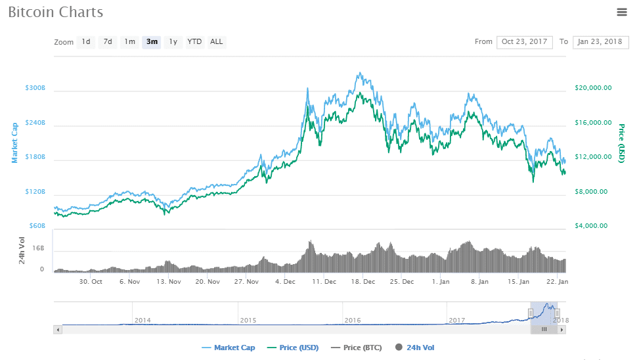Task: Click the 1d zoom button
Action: (86, 42)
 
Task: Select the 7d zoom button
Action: (108, 42)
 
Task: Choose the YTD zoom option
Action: (194, 42)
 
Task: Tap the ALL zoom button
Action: (216, 42)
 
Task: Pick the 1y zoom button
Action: (173, 42)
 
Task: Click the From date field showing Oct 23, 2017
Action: (524, 42)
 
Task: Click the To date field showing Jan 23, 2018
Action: (600, 42)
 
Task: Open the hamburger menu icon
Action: (622, 12)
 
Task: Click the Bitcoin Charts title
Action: (56, 12)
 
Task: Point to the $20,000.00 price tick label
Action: (593, 88)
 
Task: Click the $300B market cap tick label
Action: (35, 88)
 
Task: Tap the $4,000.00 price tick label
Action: (593, 226)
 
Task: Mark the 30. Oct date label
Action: (91, 281)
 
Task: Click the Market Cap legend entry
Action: (230, 348)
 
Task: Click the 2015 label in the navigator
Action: (248, 320)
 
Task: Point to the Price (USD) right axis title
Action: (621, 143)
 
